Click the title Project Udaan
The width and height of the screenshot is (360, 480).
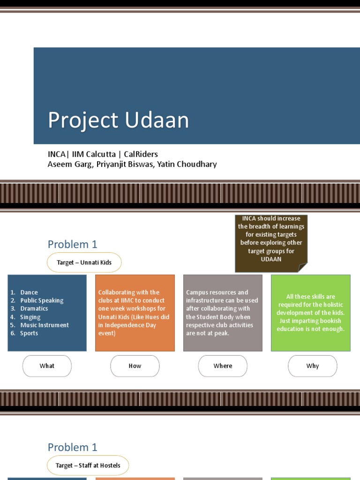(118, 120)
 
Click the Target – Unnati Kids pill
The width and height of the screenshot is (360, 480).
(84, 262)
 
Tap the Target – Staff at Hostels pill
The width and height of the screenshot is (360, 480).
(88, 465)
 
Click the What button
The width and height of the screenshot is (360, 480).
(47, 366)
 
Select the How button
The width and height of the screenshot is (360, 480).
(135, 366)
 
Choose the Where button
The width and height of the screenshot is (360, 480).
(223, 366)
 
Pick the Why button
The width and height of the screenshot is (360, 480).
(312, 366)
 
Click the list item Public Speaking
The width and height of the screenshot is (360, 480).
(42, 300)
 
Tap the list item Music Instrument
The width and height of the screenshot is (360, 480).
(45, 325)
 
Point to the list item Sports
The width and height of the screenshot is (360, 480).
(29, 333)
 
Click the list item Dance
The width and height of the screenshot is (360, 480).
(29, 292)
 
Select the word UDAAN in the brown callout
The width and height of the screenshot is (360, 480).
(271, 259)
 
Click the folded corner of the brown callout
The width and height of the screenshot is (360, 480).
(303, 268)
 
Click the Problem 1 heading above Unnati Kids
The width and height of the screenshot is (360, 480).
(72, 244)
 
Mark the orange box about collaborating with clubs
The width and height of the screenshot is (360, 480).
(135, 313)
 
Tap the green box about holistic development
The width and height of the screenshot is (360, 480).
(310, 313)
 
